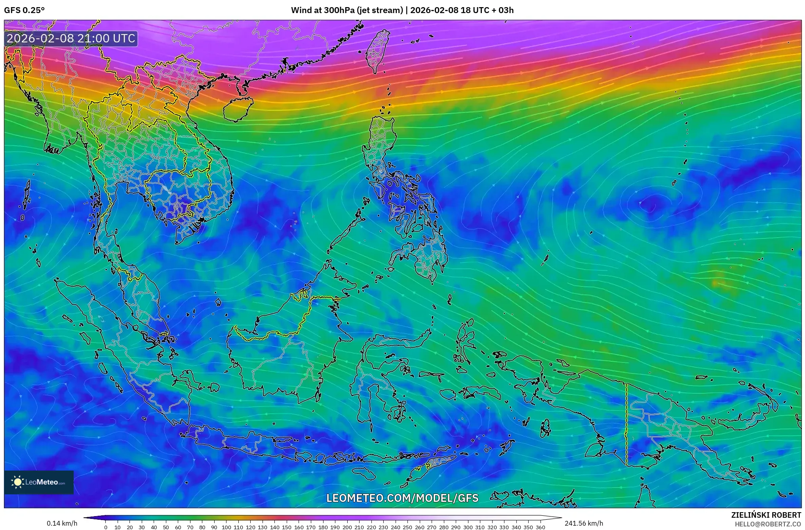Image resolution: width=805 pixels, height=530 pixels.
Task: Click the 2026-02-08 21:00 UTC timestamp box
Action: (x=71, y=38)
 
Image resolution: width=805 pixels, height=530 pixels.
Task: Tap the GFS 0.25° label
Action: (x=25, y=10)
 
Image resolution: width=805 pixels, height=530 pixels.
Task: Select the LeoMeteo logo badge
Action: (x=39, y=482)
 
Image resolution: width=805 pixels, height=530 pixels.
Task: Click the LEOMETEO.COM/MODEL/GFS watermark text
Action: (x=402, y=498)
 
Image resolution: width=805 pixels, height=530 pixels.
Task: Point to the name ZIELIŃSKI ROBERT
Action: (x=766, y=515)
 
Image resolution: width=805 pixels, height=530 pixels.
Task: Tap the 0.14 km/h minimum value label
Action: (x=62, y=523)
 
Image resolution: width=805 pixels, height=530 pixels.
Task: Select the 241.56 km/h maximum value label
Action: (x=584, y=523)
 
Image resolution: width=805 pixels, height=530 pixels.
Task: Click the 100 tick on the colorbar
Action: (x=226, y=527)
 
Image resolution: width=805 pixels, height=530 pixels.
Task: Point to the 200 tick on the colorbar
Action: (x=347, y=527)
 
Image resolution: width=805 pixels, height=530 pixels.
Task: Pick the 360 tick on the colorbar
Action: (x=540, y=527)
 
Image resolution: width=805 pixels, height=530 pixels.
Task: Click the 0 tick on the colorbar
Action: (x=106, y=527)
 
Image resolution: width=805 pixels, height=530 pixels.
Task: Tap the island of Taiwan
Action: (x=377, y=50)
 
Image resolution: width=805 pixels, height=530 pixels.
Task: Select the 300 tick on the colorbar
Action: (x=468, y=527)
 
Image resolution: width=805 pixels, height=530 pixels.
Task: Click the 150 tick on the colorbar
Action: (x=287, y=527)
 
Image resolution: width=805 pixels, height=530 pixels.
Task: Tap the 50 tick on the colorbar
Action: (x=166, y=527)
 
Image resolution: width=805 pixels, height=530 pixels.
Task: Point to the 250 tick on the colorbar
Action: (x=407, y=527)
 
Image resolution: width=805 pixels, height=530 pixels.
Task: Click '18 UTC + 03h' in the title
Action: (x=487, y=10)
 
